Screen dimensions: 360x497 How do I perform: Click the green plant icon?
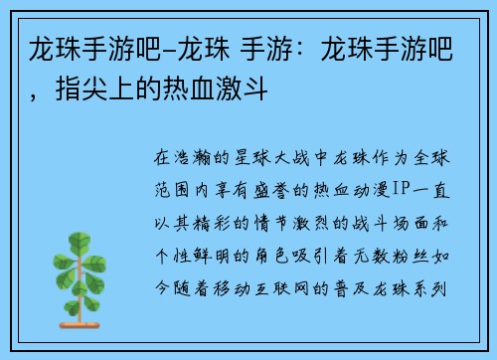coord(90,263)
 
